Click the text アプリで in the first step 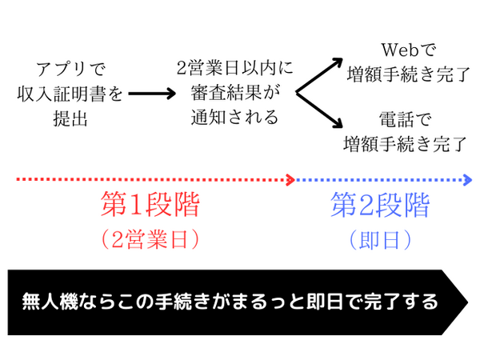click(x=70, y=70)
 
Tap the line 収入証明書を click(x=70, y=94)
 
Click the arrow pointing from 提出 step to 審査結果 click(x=151, y=94)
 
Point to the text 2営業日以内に click(x=235, y=69)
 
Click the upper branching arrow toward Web click(x=320, y=75)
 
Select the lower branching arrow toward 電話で click(x=320, y=111)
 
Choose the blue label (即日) click(x=380, y=238)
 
